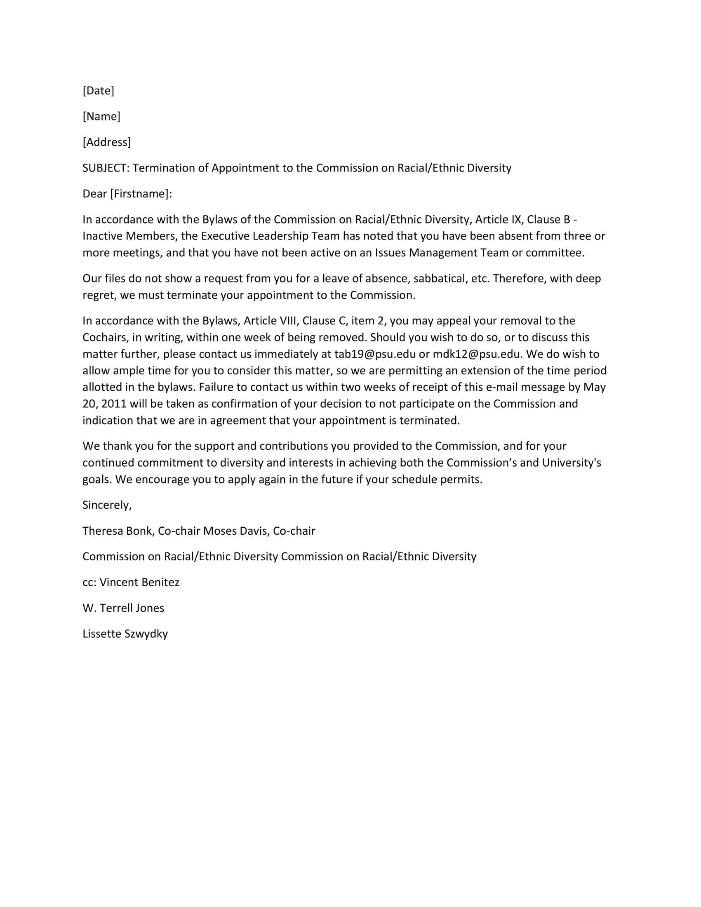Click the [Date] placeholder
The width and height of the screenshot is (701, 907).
[99, 91]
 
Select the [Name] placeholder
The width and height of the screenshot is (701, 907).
[101, 116]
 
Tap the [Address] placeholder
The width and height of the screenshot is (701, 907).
[107, 142]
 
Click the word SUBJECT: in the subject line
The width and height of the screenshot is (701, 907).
[106, 168]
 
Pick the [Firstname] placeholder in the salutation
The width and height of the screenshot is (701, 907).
[139, 193]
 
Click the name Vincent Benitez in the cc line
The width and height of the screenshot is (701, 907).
[139, 582]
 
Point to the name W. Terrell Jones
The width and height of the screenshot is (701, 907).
[123, 608]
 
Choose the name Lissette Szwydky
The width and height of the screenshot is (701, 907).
[125, 634]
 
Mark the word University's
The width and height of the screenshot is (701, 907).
[572, 463]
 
